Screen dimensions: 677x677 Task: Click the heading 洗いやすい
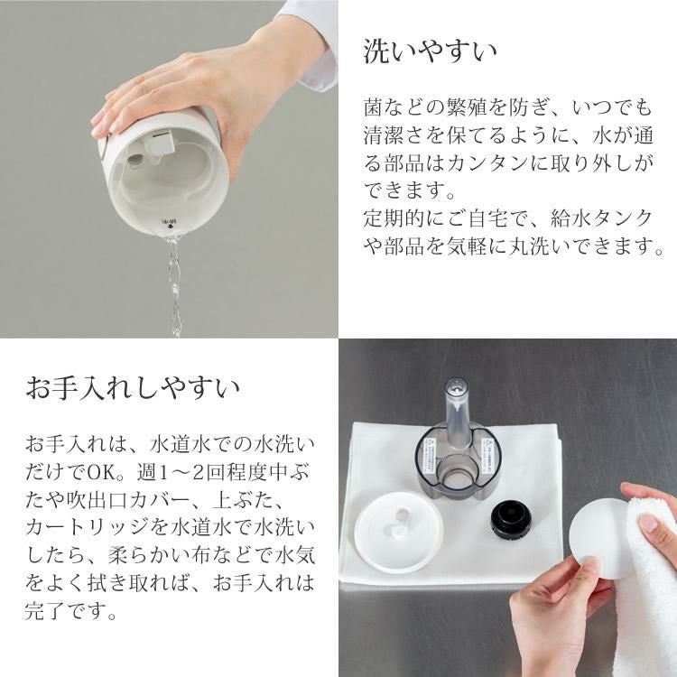click(x=430, y=51)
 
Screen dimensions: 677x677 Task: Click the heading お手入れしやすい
click(x=133, y=389)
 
